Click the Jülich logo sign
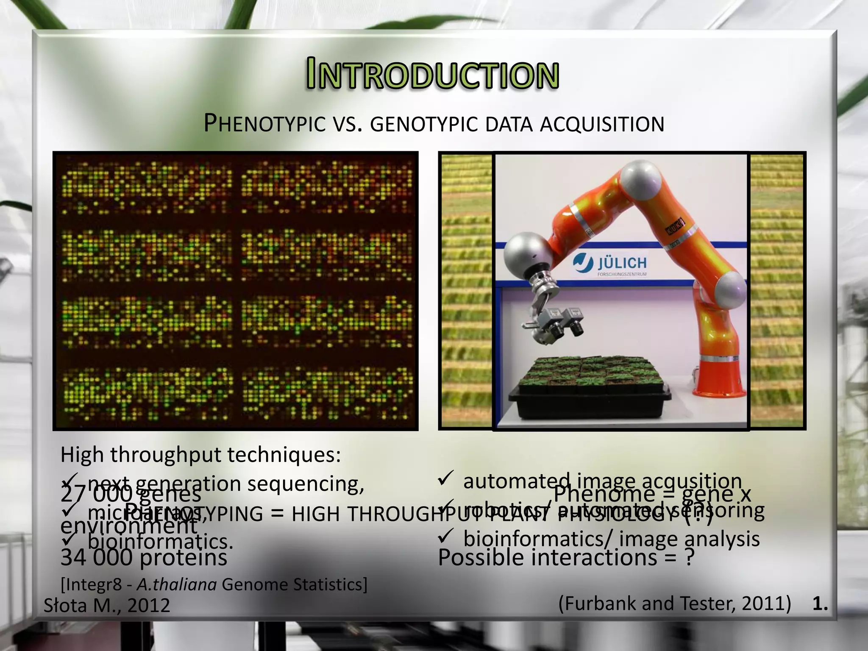coord(610,265)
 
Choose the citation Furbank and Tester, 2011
coord(674,604)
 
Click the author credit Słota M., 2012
coord(107,605)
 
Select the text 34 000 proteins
coord(144,558)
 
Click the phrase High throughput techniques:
coord(200,455)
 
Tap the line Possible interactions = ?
coord(566,558)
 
